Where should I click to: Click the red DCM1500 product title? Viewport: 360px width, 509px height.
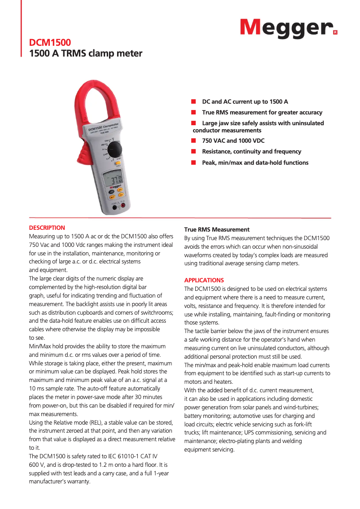pos(50,43)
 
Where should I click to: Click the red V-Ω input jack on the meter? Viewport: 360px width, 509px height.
pos(123,207)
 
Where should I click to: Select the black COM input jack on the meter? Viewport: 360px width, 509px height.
pos(114,208)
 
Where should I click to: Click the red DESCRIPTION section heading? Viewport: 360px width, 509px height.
pos(47,228)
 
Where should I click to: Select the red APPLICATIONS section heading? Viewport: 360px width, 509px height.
pos(204,280)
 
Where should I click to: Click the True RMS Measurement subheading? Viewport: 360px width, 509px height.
pos(217,229)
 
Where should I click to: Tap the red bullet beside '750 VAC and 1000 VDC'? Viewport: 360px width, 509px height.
pos(194,141)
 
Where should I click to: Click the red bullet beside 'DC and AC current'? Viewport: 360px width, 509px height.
pos(194,102)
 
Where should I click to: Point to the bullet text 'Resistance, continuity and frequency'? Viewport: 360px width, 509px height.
pos(251,152)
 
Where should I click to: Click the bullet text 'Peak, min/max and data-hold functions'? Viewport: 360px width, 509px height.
pos(255,162)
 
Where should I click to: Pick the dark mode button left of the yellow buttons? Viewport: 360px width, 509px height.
pos(112,191)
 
